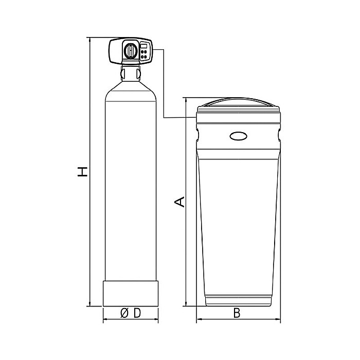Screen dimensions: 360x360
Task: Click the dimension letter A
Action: [x=178, y=202]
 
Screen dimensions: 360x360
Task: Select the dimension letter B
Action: [x=237, y=313]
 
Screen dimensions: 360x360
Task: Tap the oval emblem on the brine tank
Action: [x=239, y=136]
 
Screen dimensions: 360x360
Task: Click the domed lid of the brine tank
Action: [x=239, y=105]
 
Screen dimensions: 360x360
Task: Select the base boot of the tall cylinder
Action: [x=130, y=293]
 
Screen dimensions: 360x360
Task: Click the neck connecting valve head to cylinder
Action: [x=130, y=73]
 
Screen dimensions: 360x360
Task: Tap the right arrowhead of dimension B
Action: [x=279, y=320]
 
